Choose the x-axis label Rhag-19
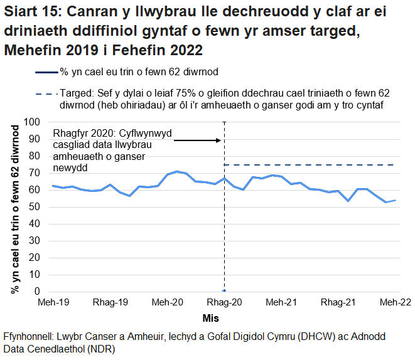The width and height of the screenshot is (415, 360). (x=110, y=302)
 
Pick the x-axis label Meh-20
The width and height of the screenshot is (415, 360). (x=168, y=302)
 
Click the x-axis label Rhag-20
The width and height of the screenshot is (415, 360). (x=224, y=302)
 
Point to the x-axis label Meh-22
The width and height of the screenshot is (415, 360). (x=394, y=302)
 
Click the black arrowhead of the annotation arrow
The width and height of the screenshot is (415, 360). (x=220, y=140)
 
